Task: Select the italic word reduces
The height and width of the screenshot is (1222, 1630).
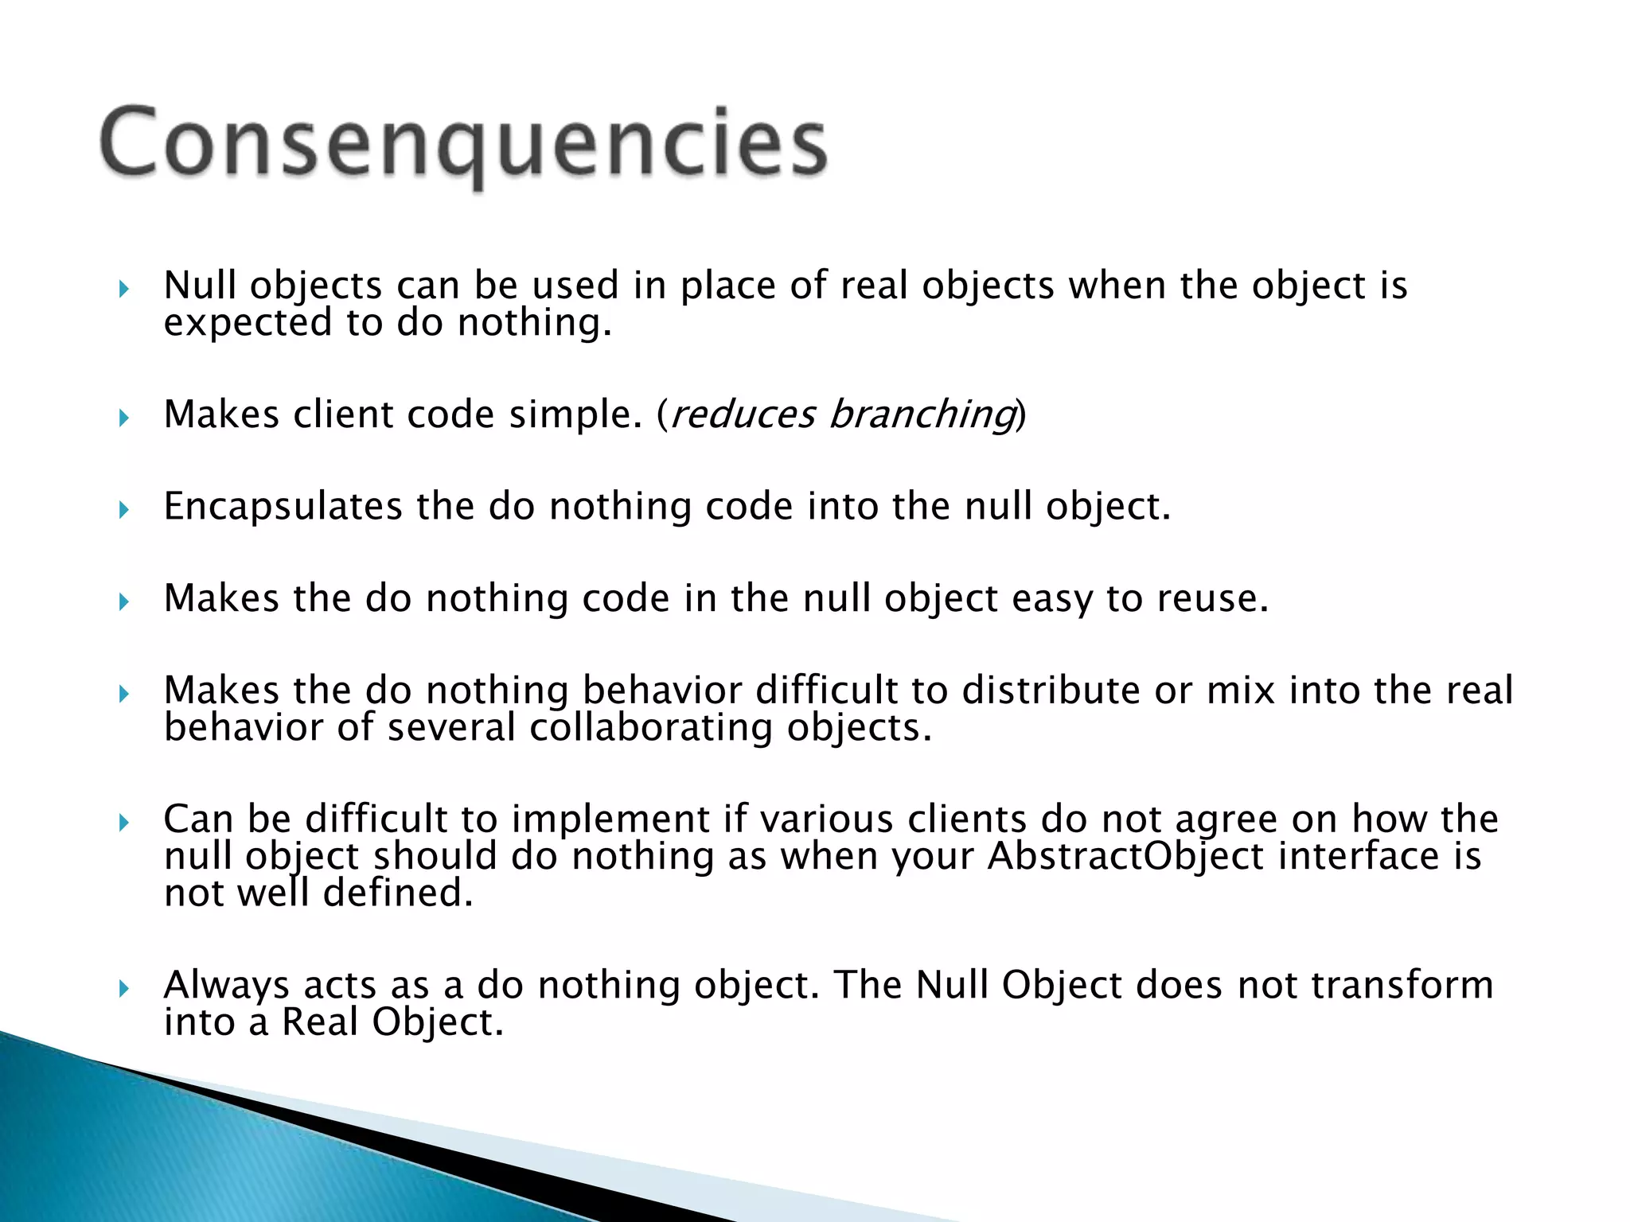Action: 743,414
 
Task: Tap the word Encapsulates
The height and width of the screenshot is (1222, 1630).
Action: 283,507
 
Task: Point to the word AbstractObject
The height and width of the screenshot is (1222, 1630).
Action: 1125,857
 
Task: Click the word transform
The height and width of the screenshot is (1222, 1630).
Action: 1402,986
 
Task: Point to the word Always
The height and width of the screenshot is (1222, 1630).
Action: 226,986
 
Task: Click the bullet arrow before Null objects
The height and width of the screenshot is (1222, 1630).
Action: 123,288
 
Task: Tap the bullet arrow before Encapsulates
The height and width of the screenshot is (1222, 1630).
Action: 123,509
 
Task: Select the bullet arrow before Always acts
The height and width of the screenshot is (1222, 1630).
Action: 123,989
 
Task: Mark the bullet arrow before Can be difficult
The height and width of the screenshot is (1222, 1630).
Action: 123,822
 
